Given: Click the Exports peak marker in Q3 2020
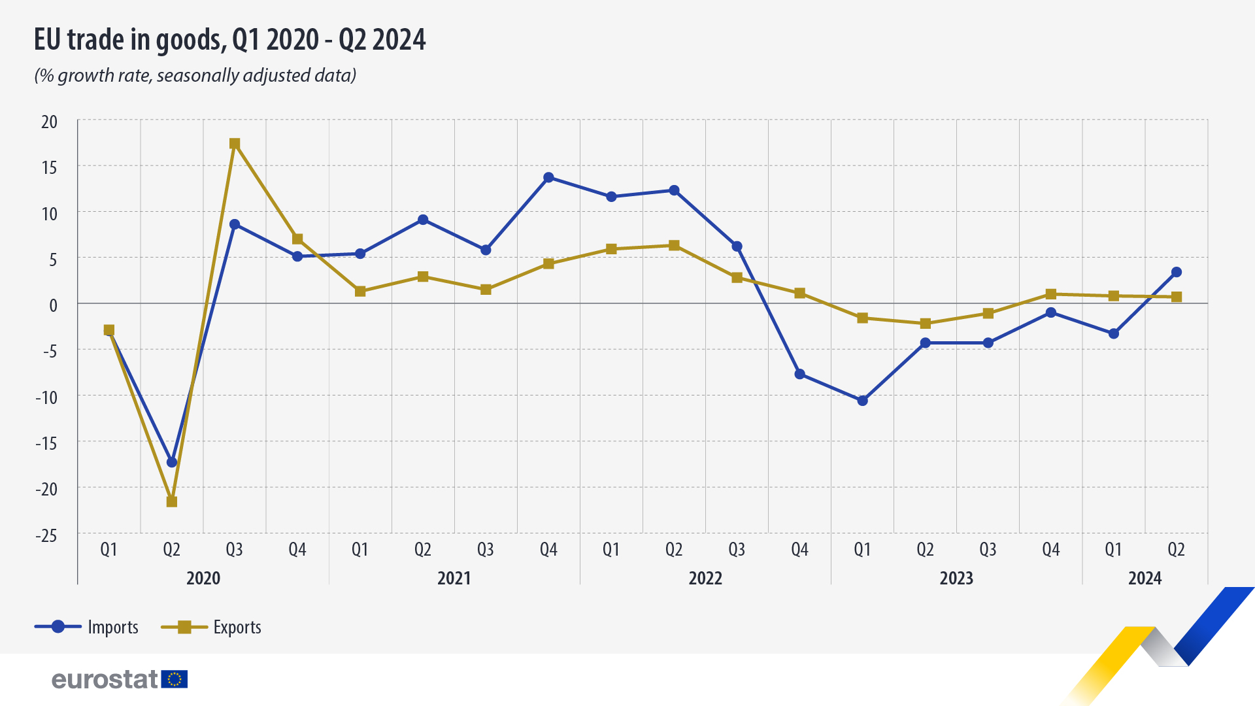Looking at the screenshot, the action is point(235,144).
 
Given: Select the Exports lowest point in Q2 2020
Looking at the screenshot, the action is point(172,501).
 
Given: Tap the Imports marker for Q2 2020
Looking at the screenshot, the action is point(172,462).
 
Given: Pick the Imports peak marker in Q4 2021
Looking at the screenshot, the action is point(548,178).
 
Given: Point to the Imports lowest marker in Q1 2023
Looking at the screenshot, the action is point(862,401).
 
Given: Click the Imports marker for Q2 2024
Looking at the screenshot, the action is point(1177,273).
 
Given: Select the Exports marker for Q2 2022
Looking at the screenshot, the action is point(674,246).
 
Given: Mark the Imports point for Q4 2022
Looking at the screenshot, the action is point(799,375).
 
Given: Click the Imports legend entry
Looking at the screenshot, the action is point(86,627).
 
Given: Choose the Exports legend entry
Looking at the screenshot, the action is point(211,627).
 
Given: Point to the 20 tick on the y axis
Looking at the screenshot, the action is point(49,122).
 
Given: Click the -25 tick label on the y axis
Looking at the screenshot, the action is point(46,536).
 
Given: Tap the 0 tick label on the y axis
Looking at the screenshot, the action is point(54,305).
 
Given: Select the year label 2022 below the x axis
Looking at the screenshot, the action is point(705,579).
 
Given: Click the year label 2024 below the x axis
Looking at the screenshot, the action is point(1145,579).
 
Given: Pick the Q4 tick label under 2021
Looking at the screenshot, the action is point(548,550).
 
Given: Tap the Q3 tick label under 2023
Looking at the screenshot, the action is point(988,550).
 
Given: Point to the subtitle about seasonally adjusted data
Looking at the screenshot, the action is point(195,76).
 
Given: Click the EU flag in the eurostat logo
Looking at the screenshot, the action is point(175,679).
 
